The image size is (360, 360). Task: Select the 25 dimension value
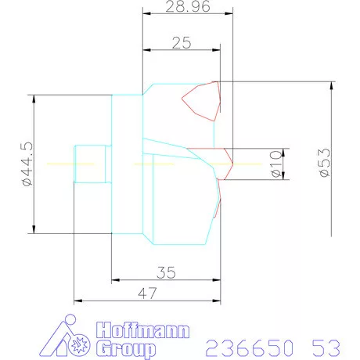click(182, 44)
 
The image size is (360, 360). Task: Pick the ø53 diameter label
click(324, 164)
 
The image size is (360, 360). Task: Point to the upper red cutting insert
click(201, 101)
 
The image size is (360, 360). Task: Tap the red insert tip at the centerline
click(229, 162)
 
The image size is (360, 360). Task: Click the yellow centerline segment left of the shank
click(61, 164)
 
